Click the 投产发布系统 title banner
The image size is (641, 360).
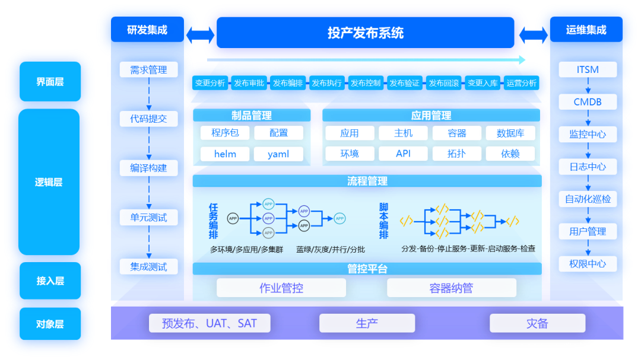click(x=365, y=33)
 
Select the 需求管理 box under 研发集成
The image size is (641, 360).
click(x=148, y=70)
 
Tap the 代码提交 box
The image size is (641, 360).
click(x=148, y=119)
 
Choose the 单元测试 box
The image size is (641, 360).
click(x=148, y=218)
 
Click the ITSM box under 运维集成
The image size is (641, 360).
click(x=588, y=70)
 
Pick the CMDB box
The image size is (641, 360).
click(x=588, y=102)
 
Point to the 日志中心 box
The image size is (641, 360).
click(x=588, y=167)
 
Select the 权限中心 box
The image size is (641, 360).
click(x=588, y=264)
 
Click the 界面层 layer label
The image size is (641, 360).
click(x=50, y=82)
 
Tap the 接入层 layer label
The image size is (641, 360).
click(x=50, y=281)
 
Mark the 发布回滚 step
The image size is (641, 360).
click(x=443, y=84)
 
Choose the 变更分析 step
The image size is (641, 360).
click(x=210, y=84)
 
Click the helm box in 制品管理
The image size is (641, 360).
click(x=225, y=154)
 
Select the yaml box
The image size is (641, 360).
click(x=278, y=154)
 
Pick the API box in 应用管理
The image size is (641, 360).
click(x=403, y=154)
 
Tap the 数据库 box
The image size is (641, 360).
click(x=510, y=133)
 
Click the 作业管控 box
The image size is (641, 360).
click(x=281, y=288)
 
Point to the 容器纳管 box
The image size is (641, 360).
click(x=451, y=288)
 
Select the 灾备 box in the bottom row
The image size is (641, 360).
click(x=537, y=323)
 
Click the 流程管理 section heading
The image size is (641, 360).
click(x=367, y=181)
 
